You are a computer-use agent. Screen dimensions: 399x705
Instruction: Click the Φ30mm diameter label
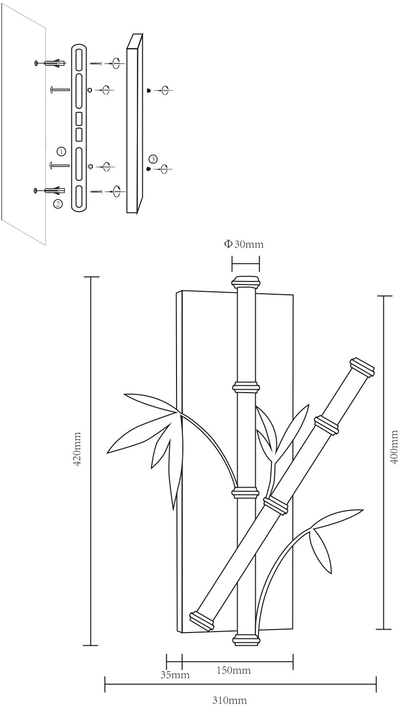pyautogui.click(x=244, y=244)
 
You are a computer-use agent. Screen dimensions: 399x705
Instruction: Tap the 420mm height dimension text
pyautogui.click(x=77, y=449)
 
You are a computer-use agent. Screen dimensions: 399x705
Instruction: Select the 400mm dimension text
pyautogui.click(x=394, y=447)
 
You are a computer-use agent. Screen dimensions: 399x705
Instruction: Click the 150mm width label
pyautogui.click(x=234, y=670)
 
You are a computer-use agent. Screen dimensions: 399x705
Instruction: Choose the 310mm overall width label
pyautogui.click(x=229, y=700)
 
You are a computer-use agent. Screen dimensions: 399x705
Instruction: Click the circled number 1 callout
pyautogui.click(x=61, y=151)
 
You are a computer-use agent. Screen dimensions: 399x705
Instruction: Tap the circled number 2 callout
pyautogui.click(x=58, y=204)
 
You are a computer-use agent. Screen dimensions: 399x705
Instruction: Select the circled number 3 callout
pyautogui.click(x=153, y=159)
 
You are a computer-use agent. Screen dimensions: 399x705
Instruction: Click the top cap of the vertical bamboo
pyautogui.click(x=245, y=282)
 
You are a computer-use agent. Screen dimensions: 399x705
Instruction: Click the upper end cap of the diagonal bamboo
pyautogui.click(x=362, y=367)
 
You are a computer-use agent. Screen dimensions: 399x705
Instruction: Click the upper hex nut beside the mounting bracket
pyautogui.click(x=89, y=90)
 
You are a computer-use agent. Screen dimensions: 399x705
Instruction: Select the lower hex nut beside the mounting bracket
pyautogui.click(x=90, y=166)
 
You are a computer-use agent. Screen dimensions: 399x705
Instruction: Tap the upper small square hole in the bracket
pyautogui.click(x=79, y=118)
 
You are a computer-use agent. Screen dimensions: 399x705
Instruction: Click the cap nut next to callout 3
pyautogui.click(x=148, y=169)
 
